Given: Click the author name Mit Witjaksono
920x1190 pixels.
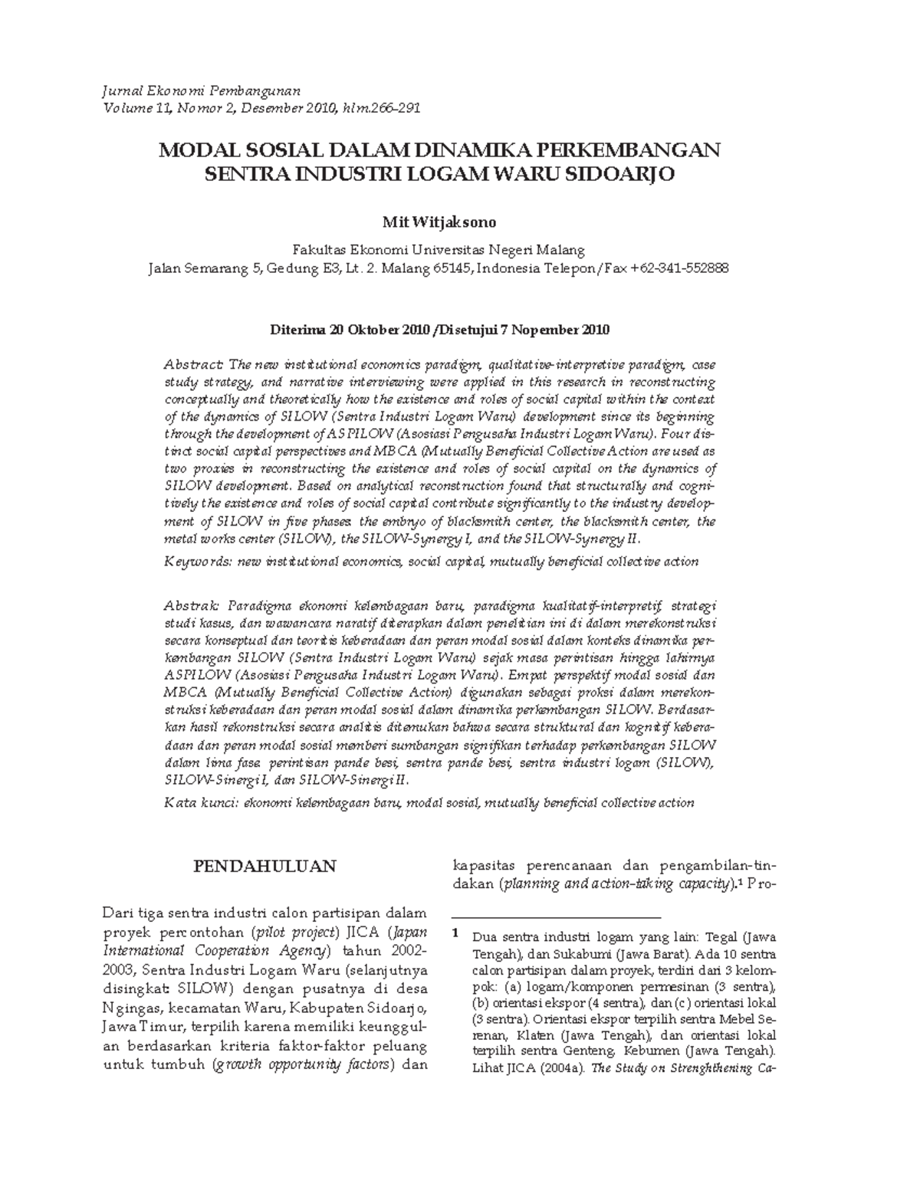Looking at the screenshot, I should [439, 222].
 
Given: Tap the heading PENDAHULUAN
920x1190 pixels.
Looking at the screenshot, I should [264, 867].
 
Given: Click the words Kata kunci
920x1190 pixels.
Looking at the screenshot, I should [201, 803].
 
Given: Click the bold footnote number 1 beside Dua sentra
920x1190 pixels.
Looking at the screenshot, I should [455, 934].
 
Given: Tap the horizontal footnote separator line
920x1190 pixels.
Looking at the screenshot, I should [556, 916].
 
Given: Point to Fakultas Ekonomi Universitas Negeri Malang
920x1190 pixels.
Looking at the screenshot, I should [439, 250].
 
